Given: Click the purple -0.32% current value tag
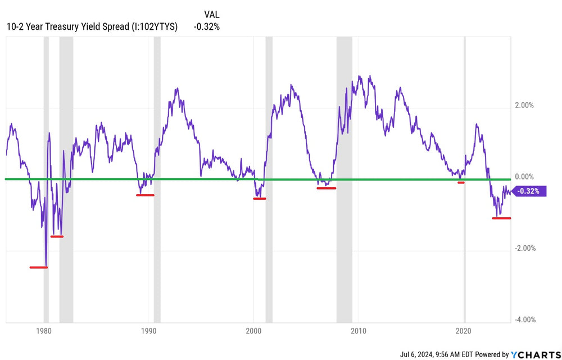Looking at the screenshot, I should pyautogui.click(x=529, y=191).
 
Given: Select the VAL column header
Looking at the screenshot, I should pyautogui.click(x=212, y=14).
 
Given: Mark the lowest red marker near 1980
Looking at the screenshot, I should pyautogui.click(x=38, y=267).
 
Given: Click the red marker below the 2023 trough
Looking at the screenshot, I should pyautogui.click(x=501, y=218).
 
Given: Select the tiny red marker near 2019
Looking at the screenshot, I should pyautogui.click(x=461, y=182).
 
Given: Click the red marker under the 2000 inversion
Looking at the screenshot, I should pyautogui.click(x=260, y=199).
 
